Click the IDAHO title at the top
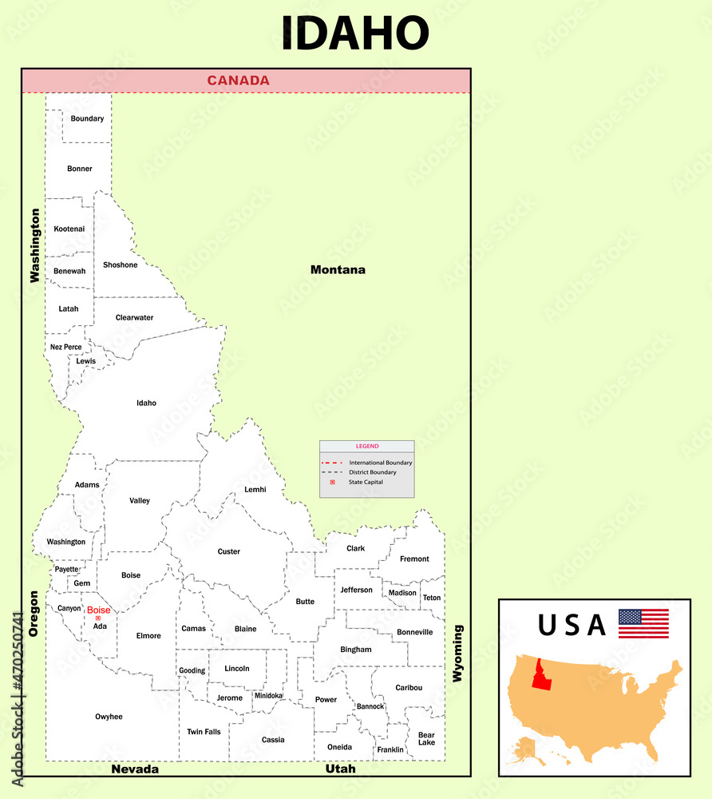pos(355,34)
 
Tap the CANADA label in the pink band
pos(238,80)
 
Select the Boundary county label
pos(87,119)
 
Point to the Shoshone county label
pos(121,265)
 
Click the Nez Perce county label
pos(65,347)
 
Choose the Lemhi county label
pos(255,490)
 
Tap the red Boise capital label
pos(98,610)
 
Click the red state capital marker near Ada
pos(97,618)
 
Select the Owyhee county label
pos(109,717)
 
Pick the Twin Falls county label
pos(204,732)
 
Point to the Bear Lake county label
pos(426,738)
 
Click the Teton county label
pos(431,598)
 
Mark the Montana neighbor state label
pos(338,270)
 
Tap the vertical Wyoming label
pos(457,653)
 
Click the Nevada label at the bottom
pos(135,769)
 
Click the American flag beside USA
pos(643,623)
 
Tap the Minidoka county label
pos(268,695)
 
